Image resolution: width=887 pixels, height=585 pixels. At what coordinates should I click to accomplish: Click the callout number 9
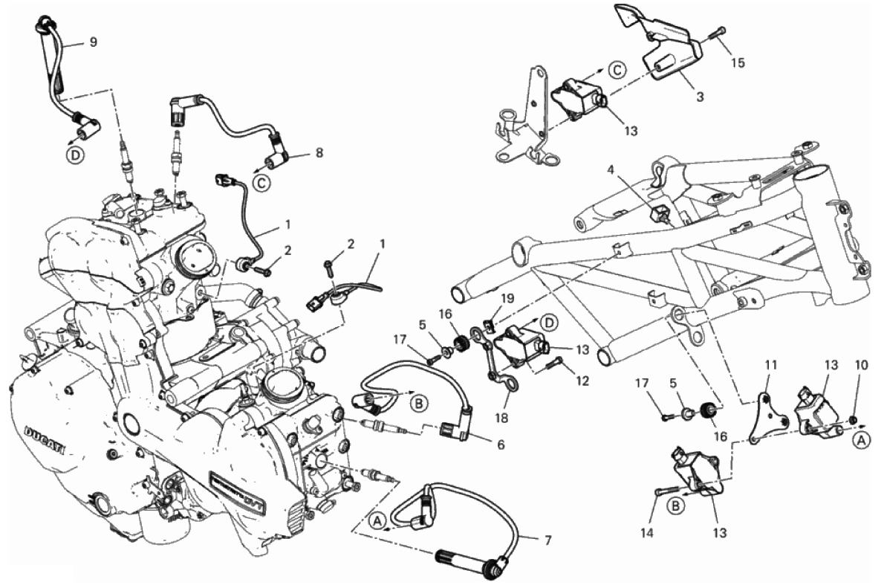93,42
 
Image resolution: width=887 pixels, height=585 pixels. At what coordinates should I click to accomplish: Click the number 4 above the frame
611,170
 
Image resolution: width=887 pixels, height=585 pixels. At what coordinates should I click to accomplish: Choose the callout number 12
582,381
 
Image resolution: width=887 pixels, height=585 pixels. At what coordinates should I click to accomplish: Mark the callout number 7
548,540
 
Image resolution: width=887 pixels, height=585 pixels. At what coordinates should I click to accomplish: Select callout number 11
770,365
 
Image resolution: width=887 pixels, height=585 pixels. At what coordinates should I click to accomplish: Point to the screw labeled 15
719,32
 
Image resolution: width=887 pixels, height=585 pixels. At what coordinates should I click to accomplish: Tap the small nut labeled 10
854,421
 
